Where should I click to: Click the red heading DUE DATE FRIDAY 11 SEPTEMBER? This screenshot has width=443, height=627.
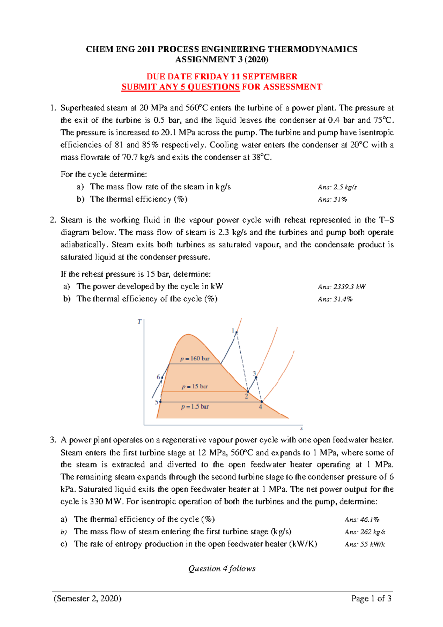coord(221,76)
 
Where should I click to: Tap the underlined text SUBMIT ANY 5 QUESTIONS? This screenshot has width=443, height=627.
coord(181,87)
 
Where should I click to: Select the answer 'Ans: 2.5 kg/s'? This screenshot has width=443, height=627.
coord(337,187)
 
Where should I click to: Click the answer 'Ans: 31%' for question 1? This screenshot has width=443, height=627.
coord(332,199)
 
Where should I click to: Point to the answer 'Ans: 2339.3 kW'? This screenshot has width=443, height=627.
coord(341,287)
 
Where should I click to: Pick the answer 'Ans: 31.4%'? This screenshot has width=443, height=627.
coord(335,299)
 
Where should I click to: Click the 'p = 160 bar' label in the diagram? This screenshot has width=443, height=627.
coord(195,359)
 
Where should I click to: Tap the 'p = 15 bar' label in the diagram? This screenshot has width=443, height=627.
coord(195,387)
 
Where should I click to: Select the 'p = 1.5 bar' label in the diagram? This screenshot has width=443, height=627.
coord(195,407)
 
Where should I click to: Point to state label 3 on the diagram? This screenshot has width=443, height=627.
coord(254,374)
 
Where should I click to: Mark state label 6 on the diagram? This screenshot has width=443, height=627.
coord(158,377)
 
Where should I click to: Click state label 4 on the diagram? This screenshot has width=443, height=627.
coord(260,407)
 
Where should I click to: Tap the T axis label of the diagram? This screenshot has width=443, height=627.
coord(139,322)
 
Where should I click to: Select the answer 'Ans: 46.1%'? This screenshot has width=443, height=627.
coord(362,520)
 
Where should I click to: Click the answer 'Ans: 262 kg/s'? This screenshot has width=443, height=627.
coord(364,532)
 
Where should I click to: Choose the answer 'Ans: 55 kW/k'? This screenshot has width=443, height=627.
coord(364,544)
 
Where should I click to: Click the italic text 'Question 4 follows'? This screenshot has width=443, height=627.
coord(221,569)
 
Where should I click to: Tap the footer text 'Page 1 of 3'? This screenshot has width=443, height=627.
coord(371,599)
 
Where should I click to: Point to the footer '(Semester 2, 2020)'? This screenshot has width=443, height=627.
coord(87,599)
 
